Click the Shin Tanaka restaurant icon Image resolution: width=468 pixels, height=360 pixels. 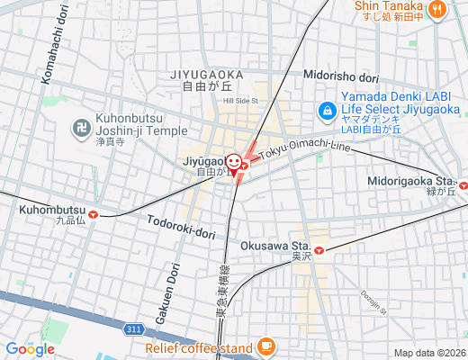click(x=437, y=10)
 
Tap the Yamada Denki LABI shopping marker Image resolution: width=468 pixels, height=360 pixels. click(x=328, y=112)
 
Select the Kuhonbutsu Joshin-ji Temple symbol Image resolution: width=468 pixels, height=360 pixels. click(x=80, y=130)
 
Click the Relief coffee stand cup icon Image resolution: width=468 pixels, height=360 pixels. click(x=265, y=346)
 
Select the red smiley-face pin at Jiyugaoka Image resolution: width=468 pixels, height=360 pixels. click(x=234, y=163)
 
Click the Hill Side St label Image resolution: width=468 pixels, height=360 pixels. click(x=241, y=101)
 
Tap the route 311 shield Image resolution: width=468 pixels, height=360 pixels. click(x=133, y=329)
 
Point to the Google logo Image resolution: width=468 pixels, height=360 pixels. click(x=30, y=348)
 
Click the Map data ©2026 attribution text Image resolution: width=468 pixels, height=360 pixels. click(x=428, y=353)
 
